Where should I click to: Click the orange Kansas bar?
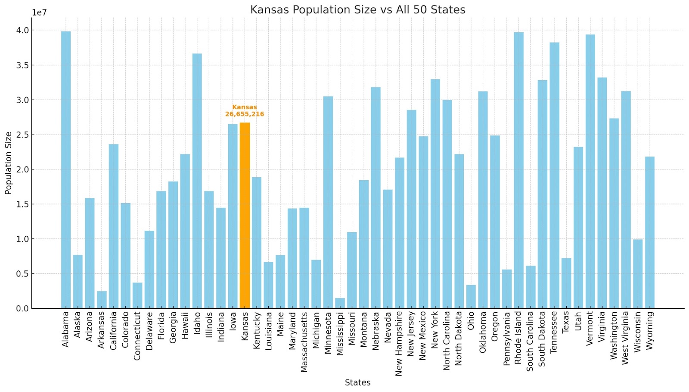click(x=245, y=216)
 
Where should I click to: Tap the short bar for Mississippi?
click(x=340, y=303)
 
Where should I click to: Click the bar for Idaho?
click(x=197, y=181)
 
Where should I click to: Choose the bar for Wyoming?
click(x=649, y=232)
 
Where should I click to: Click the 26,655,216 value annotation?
click(x=245, y=114)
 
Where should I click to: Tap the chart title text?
click(x=357, y=9)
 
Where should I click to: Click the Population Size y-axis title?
click(x=8, y=163)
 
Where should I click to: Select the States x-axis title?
click(x=357, y=383)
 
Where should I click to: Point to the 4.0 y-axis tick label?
click(x=23, y=30)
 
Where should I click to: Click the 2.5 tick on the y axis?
click(x=23, y=135)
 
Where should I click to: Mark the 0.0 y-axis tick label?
click(x=23, y=308)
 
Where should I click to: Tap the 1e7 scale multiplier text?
click(x=39, y=13)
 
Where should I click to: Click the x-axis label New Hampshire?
click(x=399, y=343)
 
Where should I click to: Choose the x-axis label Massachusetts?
click(x=304, y=342)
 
